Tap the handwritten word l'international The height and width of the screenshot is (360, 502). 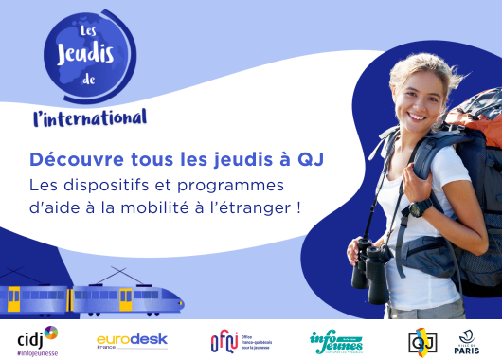point(89,118)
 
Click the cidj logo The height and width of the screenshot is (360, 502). point(38,338)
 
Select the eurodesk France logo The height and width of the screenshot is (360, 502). point(132,340)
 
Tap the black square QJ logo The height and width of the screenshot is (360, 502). point(421,340)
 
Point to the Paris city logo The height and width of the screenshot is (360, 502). point(468,340)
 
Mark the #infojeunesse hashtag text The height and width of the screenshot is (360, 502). point(38,352)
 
